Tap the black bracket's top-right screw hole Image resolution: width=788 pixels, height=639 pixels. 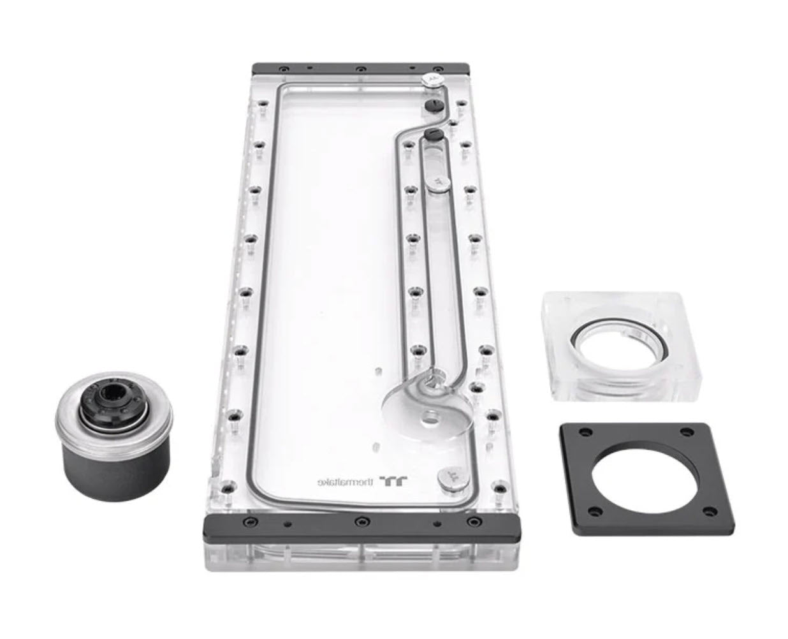pyautogui.click(x=687, y=431)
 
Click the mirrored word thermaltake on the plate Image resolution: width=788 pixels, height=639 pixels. pyautogui.click(x=345, y=481)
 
